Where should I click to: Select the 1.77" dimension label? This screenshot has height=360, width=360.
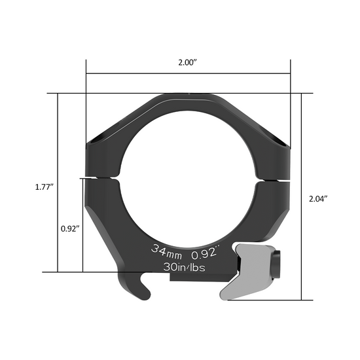pyautogui.click(x=44, y=187)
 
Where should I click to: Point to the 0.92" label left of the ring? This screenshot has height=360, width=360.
pyautogui.click(x=69, y=229)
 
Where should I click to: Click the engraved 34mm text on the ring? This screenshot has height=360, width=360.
pyautogui.click(x=167, y=250)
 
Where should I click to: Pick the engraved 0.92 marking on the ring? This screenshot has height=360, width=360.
pyautogui.click(x=204, y=249)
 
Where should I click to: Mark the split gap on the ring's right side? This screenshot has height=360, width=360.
pyautogui.click(x=275, y=177)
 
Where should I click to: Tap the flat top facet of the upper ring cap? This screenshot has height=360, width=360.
pyautogui.click(x=188, y=98)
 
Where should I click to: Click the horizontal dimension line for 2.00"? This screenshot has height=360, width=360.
pyautogui.click(x=188, y=74)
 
